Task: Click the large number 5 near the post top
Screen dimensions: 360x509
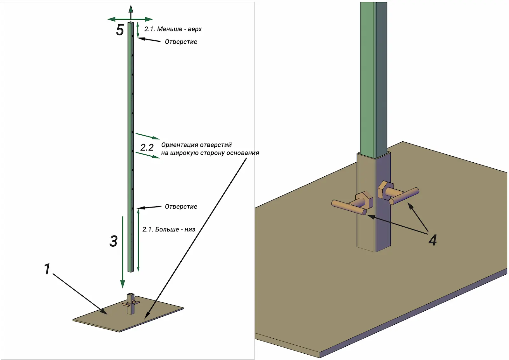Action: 120,30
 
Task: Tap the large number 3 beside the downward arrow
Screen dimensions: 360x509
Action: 114,241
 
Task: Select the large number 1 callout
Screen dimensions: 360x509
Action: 47,269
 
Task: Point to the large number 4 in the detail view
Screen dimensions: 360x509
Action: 432,240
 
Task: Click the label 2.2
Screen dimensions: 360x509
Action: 147,148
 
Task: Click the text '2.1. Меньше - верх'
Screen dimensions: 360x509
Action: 173,29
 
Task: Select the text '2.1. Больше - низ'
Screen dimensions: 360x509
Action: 169,229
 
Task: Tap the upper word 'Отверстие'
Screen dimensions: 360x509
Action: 181,42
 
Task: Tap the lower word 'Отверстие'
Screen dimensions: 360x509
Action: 181,207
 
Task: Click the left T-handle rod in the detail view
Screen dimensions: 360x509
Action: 349,207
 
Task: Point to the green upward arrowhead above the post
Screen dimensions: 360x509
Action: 131,8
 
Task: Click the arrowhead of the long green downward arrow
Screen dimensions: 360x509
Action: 122,284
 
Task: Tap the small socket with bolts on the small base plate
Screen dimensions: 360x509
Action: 131,303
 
